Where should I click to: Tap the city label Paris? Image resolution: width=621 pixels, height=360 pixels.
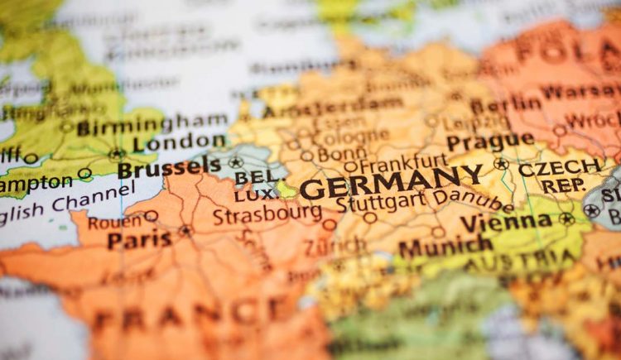tap(139, 240)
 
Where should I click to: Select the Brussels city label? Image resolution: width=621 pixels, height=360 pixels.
tap(169, 168)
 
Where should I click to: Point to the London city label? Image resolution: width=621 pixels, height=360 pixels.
tap(179, 142)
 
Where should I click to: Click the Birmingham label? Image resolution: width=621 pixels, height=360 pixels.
tap(139, 125)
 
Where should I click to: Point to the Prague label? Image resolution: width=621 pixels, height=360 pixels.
tap(490, 141)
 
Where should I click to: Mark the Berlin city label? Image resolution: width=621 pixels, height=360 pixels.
tap(507, 103)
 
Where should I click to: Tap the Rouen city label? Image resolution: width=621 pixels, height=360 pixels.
tap(114, 222)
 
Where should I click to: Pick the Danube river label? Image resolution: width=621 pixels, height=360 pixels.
tap(473, 199)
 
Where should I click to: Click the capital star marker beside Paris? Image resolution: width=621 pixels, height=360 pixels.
tap(185, 230)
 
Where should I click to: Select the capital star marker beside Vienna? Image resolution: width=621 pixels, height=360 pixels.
tap(566, 219)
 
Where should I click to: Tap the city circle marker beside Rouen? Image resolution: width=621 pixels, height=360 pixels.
tap(151, 216)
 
